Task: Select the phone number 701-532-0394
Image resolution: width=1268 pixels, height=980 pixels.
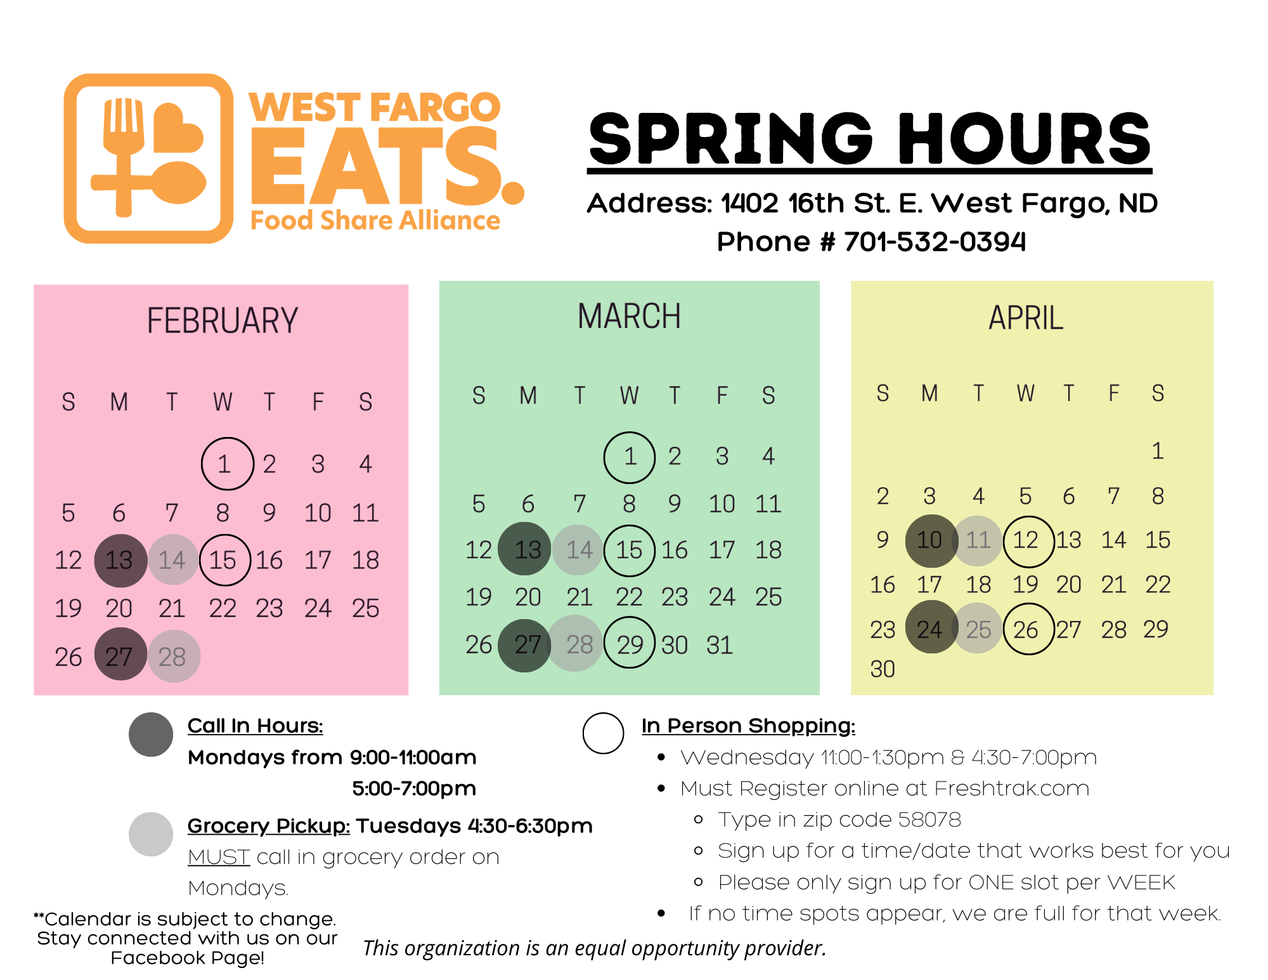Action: click(935, 242)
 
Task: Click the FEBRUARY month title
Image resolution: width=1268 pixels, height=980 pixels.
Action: click(222, 320)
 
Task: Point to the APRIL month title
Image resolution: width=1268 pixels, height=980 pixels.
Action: click(1026, 318)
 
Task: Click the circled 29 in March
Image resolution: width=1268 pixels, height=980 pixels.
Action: click(630, 643)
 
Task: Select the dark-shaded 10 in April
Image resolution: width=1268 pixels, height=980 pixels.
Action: click(931, 540)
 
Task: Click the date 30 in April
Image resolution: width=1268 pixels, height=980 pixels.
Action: click(883, 669)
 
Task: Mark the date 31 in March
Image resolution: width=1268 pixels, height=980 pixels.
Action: click(720, 645)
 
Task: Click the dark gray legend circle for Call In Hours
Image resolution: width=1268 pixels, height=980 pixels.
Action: click(151, 735)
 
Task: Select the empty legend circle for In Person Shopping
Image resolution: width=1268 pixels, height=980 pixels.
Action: click(603, 733)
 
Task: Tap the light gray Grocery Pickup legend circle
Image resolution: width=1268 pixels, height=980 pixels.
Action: click(151, 834)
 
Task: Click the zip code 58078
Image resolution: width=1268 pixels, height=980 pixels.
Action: click(929, 820)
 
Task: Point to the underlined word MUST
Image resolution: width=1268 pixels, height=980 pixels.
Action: click(219, 857)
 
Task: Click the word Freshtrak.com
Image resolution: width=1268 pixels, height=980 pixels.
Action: click(1011, 788)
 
